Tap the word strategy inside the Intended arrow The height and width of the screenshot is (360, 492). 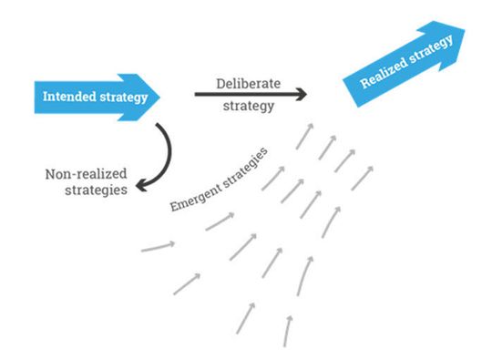click(x=122, y=96)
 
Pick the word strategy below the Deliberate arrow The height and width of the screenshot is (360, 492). click(x=249, y=106)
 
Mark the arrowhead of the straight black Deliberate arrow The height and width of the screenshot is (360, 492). click(x=302, y=94)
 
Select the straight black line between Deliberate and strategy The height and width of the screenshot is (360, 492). click(x=246, y=94)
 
